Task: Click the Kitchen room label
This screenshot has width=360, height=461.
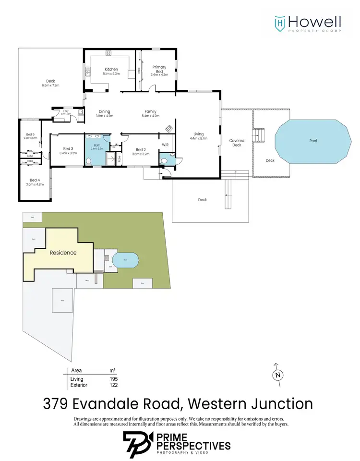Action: pos(111,70)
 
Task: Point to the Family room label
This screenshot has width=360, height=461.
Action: pos(150,111)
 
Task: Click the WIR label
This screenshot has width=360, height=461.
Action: pos(165,145)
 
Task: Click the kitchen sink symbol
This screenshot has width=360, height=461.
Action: pos(88,73)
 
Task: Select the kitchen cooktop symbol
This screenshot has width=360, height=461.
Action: pos(131,74)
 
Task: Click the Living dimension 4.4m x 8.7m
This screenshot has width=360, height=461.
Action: pos(199,139)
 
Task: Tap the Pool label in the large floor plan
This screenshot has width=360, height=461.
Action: pos(313,141)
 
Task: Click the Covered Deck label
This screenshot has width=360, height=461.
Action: pos(237,143)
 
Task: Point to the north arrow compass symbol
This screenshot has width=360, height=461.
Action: pos(276,375)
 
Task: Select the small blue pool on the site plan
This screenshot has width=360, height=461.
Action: pos(126,260)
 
